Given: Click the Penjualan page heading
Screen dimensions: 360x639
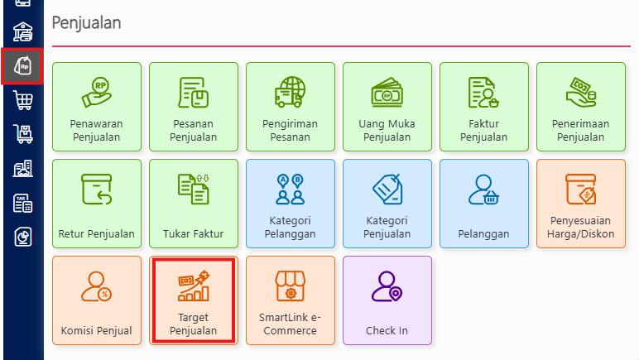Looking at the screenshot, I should tap(86, 22).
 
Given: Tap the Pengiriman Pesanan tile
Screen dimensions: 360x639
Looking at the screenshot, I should tap(291, 107).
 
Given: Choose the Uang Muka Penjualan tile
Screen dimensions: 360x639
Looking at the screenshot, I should tap(387, 107).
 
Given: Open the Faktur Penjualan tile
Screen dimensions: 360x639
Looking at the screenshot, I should tap(484, 107).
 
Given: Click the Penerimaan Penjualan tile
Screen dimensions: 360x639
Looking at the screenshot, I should tap(580, 107).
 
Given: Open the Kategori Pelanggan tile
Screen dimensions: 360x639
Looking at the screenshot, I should tap(291, 204).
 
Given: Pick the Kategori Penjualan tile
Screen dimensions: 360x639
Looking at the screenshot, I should tap(387, 204).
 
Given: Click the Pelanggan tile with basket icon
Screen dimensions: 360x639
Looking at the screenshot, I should tap(484, 204).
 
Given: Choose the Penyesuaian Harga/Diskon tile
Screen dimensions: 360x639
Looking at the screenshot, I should tap(580, 204).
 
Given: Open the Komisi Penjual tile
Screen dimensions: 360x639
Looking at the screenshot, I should tap(97, 300).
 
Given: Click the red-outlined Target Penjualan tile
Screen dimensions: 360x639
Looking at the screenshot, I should tap(193, 300).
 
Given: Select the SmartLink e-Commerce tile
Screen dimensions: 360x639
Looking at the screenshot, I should tap(291, 300).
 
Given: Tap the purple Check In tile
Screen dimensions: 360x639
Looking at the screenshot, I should tap(387, 300).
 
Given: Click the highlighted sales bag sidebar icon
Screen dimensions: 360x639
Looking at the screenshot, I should tap(22, 66).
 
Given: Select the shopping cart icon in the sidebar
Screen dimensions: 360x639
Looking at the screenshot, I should tap(22, 101).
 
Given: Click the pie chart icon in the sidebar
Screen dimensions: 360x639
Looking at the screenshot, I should tap(22, 238).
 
